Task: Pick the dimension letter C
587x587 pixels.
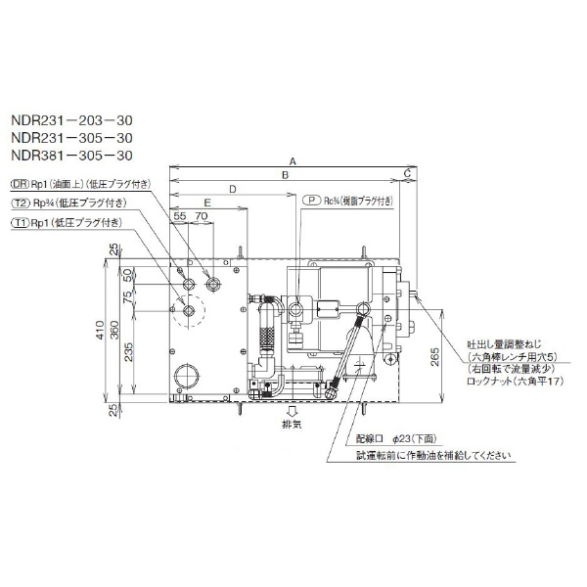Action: tap(406, 174)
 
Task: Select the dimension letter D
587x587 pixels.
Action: tap(232, 188)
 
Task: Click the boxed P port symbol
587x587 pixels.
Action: tap(310, 201)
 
